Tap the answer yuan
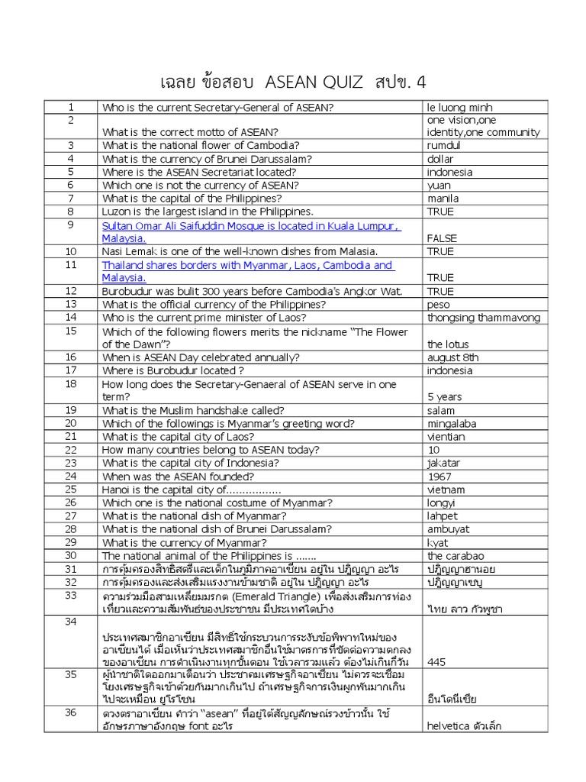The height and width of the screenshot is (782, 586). pos(439,186)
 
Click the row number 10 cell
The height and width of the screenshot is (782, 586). pos(71,251)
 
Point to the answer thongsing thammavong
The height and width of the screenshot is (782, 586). pos(483,318)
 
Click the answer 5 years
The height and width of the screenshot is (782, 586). pos(444,397)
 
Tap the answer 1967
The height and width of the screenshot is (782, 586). pos(440,477)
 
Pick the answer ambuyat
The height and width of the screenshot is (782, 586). pos(449,529)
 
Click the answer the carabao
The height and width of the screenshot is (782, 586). pos(455,556)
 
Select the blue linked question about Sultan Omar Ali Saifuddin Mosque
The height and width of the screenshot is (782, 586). pos(251,232)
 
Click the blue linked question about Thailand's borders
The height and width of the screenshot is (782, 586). pos(247,271)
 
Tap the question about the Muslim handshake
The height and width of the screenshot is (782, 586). pos(193,410)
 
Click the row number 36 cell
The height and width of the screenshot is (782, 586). pos(71,712)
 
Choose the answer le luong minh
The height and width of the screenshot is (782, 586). pos(460,108)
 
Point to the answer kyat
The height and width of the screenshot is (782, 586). pos(438,543)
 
